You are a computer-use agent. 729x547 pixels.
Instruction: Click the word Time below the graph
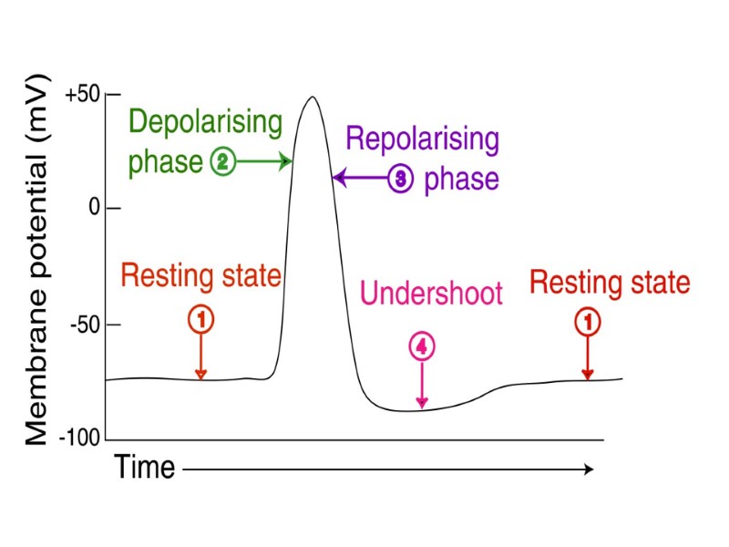click(x=144, y=468)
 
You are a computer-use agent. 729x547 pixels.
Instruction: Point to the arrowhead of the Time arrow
click(x=589, y=469)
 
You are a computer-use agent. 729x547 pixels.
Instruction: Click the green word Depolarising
click(x=205, y=122)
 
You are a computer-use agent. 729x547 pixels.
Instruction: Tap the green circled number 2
click(x=223, y=162)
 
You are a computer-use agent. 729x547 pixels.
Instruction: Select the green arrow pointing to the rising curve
click(x=264, y=162)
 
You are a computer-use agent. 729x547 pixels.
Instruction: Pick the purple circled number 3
click(x=401, y=179)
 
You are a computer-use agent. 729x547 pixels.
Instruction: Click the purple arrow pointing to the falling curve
click(x=361, y=178)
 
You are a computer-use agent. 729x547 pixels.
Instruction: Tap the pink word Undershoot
click(x=431, y=294)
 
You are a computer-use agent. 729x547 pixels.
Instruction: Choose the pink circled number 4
click(x=421, y=346)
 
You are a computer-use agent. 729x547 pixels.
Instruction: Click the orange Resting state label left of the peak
click(x=200, y=274)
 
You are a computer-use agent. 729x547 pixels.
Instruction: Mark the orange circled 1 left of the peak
click(x=201, y=319)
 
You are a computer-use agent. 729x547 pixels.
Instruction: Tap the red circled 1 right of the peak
click(x=588, y=321)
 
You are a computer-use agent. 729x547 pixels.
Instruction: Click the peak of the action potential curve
click(x=312, y=97)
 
